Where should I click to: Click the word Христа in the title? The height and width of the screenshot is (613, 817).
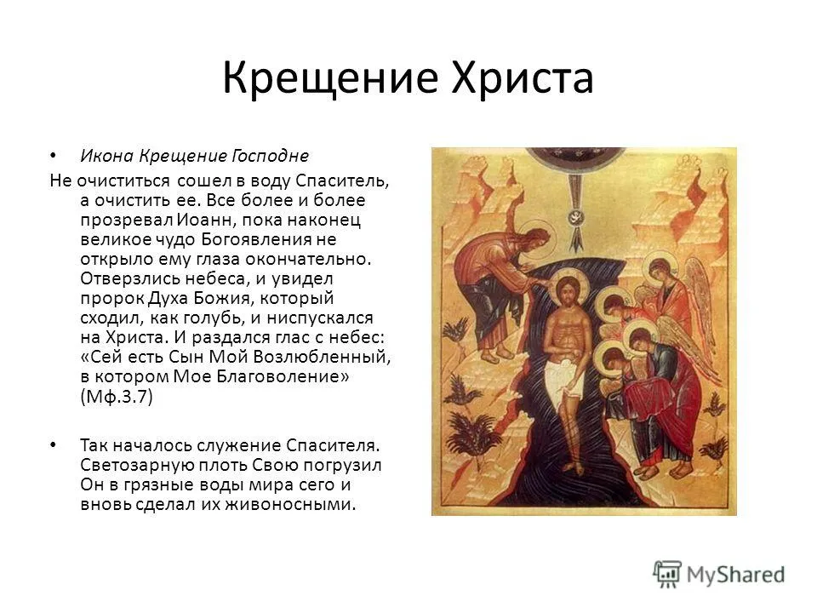point(523,77)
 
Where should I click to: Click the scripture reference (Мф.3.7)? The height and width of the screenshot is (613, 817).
point(117,397)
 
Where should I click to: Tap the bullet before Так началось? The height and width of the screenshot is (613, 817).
point(53,445)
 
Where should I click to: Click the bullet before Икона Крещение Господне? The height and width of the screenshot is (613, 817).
point(53,155)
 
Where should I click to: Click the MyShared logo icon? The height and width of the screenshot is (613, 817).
point(667,575)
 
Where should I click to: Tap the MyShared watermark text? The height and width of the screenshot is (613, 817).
point(735,575)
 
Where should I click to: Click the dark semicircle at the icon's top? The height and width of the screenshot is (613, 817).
point(576,158)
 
